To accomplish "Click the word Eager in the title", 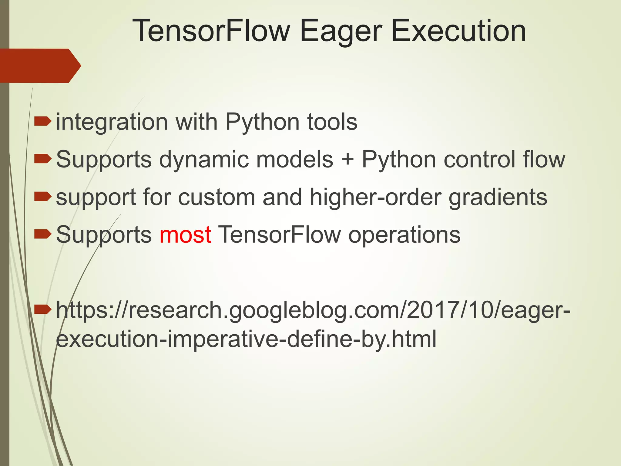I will [x=341, y=31].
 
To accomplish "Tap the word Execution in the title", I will [x=458, y=31].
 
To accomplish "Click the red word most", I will [x=185, y=235].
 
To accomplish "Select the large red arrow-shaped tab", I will [x=39, y=66].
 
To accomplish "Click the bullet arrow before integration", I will [x=43, y=122].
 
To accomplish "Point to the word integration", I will [x=112, y=122].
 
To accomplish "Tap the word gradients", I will [x=498, y=197].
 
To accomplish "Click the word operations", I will [x=404, y=235].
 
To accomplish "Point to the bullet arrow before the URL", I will [x=43, y=309].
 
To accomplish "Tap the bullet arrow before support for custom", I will [x=43, y=197].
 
